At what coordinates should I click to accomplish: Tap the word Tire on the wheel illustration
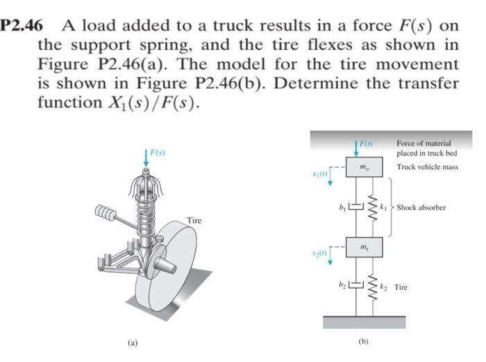click(195, 221)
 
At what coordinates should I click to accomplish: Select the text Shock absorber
click(421, 207)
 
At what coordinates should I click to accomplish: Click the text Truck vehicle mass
click(427, 168)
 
